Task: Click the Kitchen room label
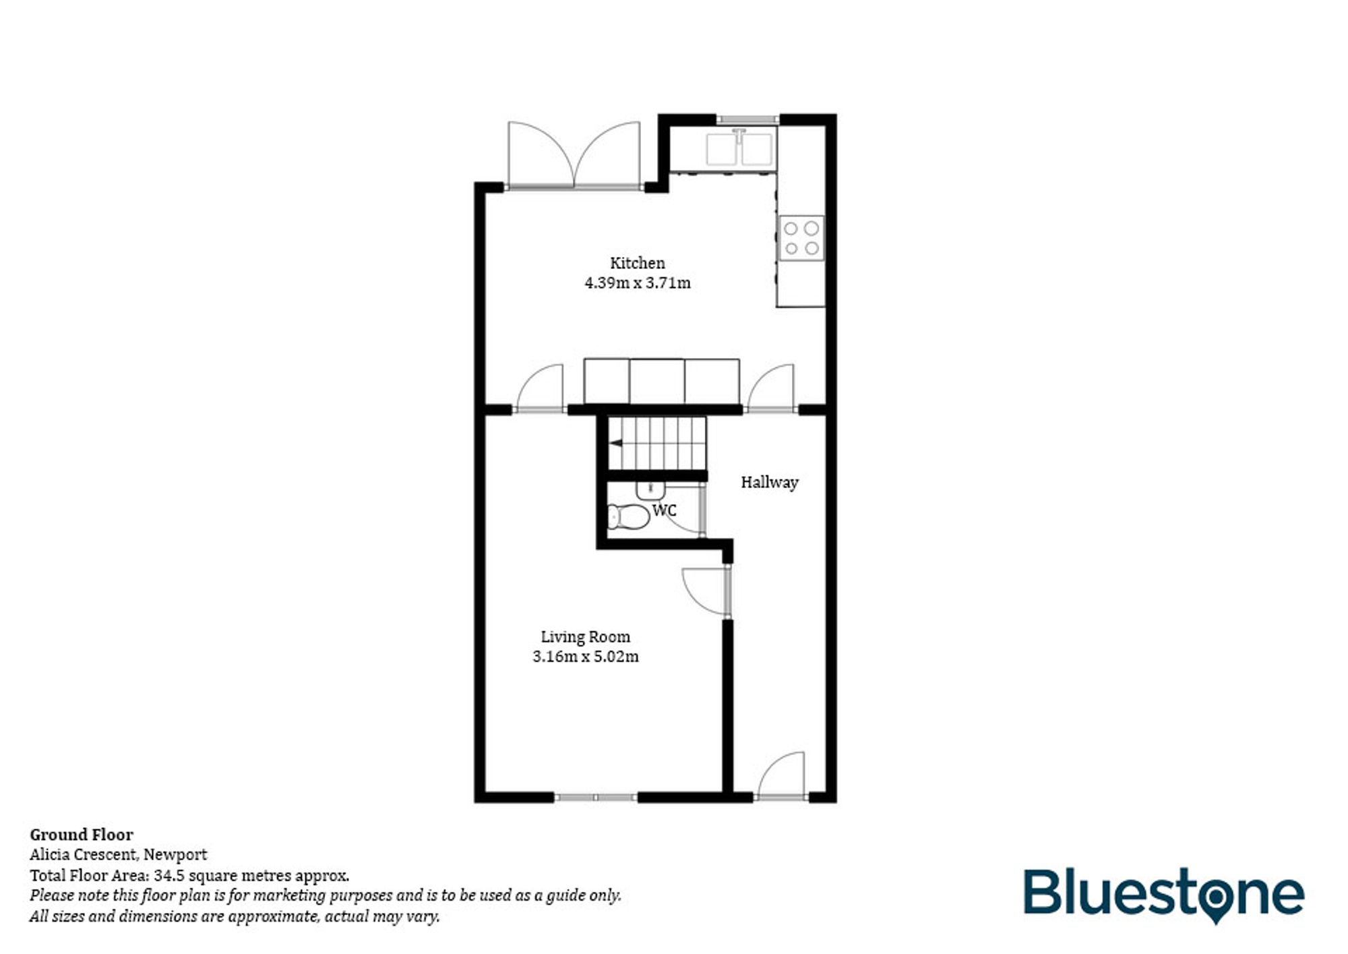point(637,263)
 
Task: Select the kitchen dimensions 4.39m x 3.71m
point(637,283)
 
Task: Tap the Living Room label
point(585,636)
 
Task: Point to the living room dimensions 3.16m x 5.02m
point(585,657)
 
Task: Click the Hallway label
point(769,482)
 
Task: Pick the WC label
point(664,510)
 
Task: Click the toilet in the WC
point(627,516)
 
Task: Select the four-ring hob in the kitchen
point(801,238)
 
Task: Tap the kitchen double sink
point(739,149)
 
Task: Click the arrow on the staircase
point(615,443)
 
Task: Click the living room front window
point(595,798)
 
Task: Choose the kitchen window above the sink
point(747,119)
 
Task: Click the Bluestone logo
point(1163,894)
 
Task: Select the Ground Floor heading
point(82,835)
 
